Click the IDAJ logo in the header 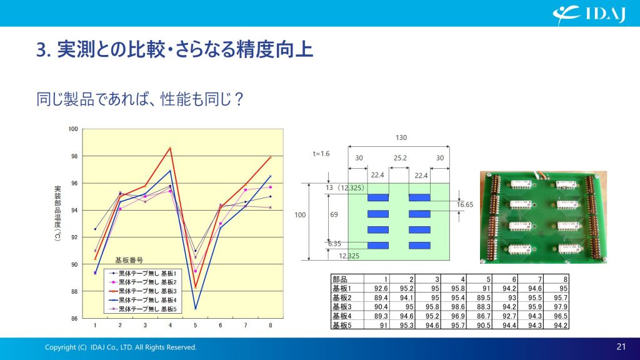(589, 14)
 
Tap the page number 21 (621, 346)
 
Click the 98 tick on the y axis (73, 156)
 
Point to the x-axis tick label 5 (195, 325)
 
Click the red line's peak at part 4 (170, 147)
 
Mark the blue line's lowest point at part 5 (195, 309)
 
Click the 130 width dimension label (401, 137)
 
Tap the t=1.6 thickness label (321, 154)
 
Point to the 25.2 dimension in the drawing (400, 158)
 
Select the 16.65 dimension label (465, 204)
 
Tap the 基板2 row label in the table (342, 297)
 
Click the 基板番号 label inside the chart (129, 260)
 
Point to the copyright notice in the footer (121, 347)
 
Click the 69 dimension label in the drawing (334, 214)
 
